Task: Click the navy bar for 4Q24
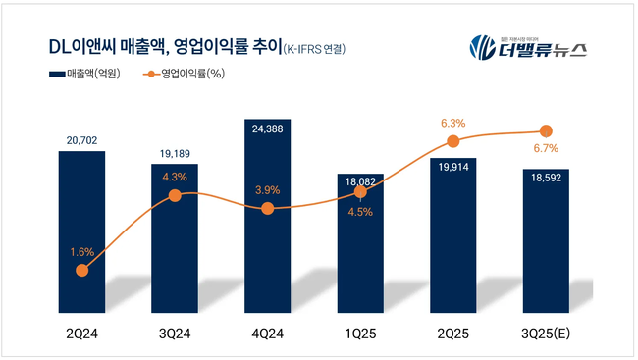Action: coord(267,255)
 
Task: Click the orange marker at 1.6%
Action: coord(81,270)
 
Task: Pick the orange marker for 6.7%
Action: coord(546,131)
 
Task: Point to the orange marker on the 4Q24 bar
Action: coord(267,208)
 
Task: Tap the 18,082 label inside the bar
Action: coord(360,181)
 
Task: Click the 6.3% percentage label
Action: coord(452,123)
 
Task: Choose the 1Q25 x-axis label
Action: coord(360,334)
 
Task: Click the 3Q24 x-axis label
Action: coord(175,334)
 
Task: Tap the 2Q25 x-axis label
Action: coord(452,334)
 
